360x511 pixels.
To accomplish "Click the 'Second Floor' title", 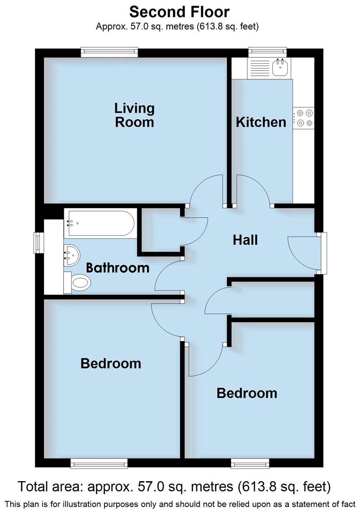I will coord(179,11).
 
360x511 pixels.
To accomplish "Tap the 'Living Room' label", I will coord(134,115).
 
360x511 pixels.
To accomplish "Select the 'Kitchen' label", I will coord(261,122).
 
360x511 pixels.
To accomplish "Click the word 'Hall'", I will coord(245,239).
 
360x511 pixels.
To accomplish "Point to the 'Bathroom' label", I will coord(117,268).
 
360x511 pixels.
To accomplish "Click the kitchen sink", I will coord(281,68).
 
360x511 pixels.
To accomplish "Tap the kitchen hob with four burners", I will coord(303,117).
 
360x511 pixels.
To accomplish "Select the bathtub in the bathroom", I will coord(100,223).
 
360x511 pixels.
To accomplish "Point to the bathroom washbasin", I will coord(71,255).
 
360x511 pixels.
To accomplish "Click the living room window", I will coord(109,52).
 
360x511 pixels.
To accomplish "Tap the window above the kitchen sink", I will coord(268,52).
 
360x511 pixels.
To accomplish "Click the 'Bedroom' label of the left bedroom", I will coord(111,363).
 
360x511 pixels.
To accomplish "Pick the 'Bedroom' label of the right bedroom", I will coord(246,393).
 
